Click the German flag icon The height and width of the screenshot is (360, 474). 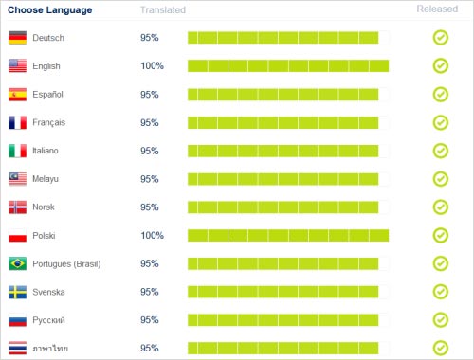click(x=17, y=38)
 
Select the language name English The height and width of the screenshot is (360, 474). click(x=47, y=66)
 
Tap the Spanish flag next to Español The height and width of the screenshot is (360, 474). click(x=17, y=95)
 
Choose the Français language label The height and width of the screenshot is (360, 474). click(x=48, y=123)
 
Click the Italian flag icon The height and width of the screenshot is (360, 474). click(x=17, y=151)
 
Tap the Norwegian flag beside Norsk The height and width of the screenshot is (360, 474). click(x=17, y=207)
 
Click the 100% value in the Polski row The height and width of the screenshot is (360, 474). click(x=152, y=235)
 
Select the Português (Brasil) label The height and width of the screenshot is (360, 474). click(x=66, y=263)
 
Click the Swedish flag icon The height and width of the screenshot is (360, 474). click(x=17, y=292)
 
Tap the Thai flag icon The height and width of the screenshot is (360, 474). click(x=17, y=348)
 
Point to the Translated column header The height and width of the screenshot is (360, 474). click(x=163, y=9)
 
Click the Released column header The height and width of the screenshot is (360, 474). click(x=439, y=9)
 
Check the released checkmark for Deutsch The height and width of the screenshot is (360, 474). click(x=440, y=38)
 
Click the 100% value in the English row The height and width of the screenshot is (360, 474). click(x=152, y=66)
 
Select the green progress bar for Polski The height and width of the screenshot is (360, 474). click(x=288, y=235)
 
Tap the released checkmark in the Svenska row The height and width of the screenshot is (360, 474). click(x=440, y=292)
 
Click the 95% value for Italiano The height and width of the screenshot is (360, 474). click(x=149, y=151)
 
